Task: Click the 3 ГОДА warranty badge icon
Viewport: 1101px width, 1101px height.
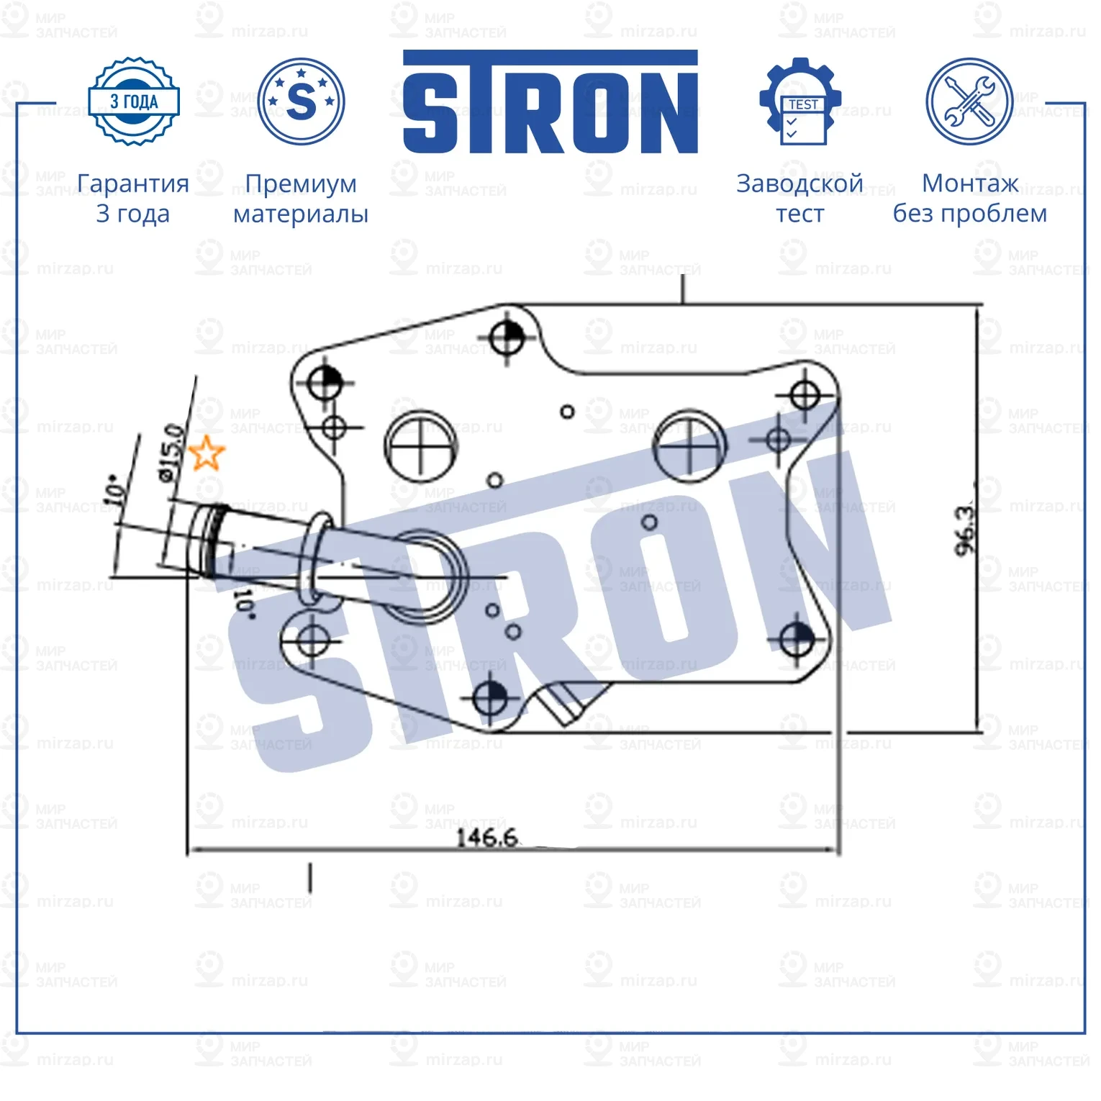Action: (133, 101)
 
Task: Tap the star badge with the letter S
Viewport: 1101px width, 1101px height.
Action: (301, 101)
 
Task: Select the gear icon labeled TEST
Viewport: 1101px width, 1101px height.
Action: (799, 101)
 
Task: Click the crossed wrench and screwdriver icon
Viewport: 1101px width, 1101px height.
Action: (969, 101)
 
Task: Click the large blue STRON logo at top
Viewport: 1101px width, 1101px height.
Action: (550, 102)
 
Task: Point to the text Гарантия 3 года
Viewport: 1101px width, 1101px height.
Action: (133, 199)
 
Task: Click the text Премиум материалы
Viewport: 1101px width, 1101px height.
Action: (301, 199)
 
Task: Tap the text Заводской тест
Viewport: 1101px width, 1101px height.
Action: (799, 199)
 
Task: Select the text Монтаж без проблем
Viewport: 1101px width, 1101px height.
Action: (969, 199)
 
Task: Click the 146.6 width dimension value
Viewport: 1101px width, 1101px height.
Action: (487, 838)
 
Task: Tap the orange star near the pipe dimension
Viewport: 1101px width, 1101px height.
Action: (207, 453)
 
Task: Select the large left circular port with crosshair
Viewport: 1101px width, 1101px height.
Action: (421, 446)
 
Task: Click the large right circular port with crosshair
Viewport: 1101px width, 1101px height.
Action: (689, 447)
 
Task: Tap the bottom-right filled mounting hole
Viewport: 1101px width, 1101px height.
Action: (797, 638)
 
